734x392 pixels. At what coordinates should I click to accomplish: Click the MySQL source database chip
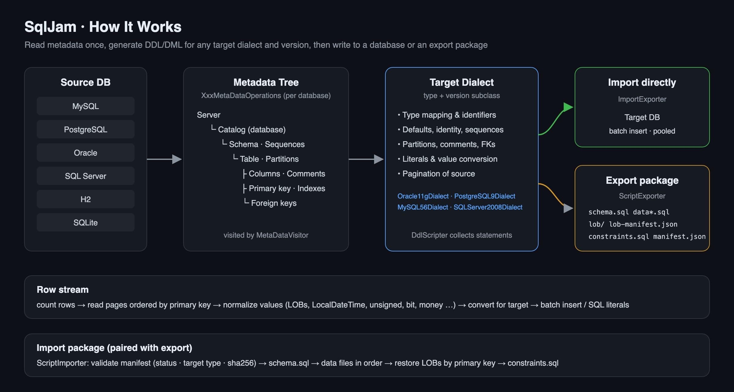tap(86, 106)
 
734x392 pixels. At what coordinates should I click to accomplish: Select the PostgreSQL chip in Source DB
tap(86, 129)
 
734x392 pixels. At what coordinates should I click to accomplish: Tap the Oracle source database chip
tap(86, 153)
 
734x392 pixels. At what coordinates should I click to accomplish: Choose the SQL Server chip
tap(86, 176)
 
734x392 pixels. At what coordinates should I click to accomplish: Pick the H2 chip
tap(86, 199)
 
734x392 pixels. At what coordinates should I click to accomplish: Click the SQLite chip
tap(86, 222)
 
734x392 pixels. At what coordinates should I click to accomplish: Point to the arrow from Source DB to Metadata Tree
tap(165, 159)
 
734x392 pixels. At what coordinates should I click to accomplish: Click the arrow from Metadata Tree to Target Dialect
tap(366, 159)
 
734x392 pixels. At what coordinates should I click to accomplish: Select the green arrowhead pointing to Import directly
tap(568, 107)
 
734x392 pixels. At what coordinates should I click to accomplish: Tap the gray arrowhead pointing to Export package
tap(568, 208)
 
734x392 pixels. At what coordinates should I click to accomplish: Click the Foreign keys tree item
tap(274, 203)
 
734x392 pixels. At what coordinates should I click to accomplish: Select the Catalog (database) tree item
tap(252, 130)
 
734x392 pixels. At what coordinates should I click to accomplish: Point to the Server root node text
tap(209, 115)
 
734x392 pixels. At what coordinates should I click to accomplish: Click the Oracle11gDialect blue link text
tap(423, 196)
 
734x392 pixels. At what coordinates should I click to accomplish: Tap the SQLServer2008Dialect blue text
tap(488, 207)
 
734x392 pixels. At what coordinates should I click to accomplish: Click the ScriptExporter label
tap(642, 196)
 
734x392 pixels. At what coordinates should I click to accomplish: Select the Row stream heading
tap(63, 290)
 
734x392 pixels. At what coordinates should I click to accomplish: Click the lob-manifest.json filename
tap(643, 224)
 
